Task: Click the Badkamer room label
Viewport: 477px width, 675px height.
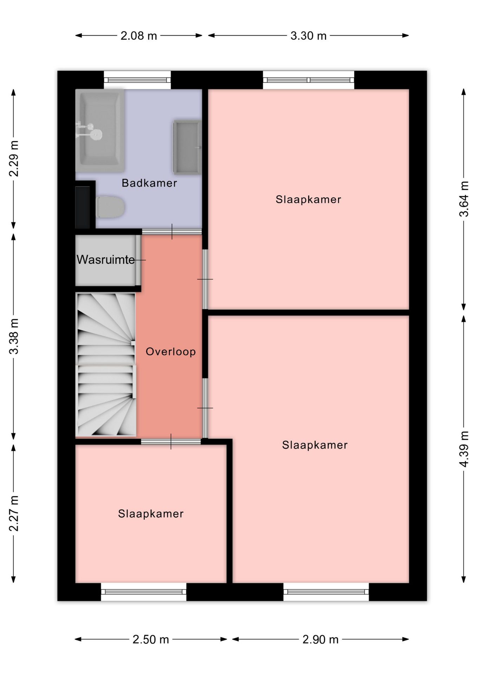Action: (x=149, y=183)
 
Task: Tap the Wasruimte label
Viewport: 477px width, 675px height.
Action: (x=106, y=260)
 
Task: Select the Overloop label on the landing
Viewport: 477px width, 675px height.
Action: (x=171, y=352)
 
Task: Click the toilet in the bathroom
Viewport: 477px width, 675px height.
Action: (x=110, y=207)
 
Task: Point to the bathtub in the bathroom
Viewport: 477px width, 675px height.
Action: (x=100, y=131)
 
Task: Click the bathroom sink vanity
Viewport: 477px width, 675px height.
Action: (x=187, y=147)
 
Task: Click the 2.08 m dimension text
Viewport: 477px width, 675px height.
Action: (x=139, y=36)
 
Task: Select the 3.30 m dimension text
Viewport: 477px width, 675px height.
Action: (x=308, y=36)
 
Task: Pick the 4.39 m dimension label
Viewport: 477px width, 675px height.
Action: (x=464, y=449)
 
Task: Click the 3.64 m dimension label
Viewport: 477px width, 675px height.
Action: (x=464, y=199)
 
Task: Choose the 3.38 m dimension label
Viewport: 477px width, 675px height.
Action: (x=14, y=336)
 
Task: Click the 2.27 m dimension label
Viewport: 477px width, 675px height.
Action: (x=14, y=514)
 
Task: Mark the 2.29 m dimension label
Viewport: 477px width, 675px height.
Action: (x=14, y=159)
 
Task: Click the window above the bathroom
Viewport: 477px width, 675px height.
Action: (x=137, y=80)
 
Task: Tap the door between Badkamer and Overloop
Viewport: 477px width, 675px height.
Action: (x=172, y=232)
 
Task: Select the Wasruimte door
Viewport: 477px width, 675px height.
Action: (x=138, y=260)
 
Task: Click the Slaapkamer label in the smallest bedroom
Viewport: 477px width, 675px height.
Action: (x=151, y=514)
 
